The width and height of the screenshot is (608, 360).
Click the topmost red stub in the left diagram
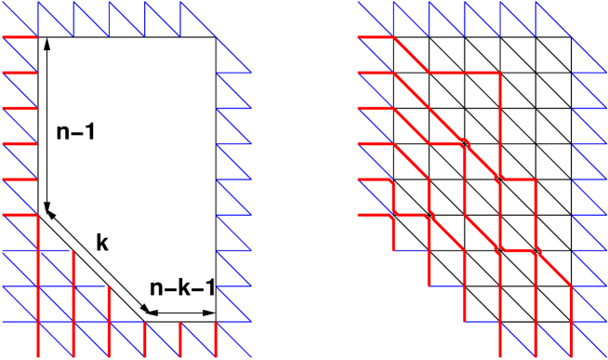20,37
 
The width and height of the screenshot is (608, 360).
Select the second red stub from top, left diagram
20,73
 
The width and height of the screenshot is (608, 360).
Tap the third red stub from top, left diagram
20,108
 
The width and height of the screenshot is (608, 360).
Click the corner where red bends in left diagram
38,216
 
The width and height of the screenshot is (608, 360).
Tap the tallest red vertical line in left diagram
38,288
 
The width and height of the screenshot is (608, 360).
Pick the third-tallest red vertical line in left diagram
109,322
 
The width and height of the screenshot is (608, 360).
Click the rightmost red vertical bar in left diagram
216,340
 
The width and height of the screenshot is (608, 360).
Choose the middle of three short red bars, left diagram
180,340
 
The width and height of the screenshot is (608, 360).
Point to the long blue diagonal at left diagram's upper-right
217,37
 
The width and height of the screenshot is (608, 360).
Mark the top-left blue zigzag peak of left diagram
38,4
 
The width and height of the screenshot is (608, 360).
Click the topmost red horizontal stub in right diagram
376,37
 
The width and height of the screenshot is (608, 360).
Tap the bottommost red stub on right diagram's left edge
376,216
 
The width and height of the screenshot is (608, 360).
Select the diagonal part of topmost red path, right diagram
411,55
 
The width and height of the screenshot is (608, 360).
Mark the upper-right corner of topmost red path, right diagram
500,73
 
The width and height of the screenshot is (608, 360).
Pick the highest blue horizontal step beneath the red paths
411,251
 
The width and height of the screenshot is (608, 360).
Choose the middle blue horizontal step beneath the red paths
446,287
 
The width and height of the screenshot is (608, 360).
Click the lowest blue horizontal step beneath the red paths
482,322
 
